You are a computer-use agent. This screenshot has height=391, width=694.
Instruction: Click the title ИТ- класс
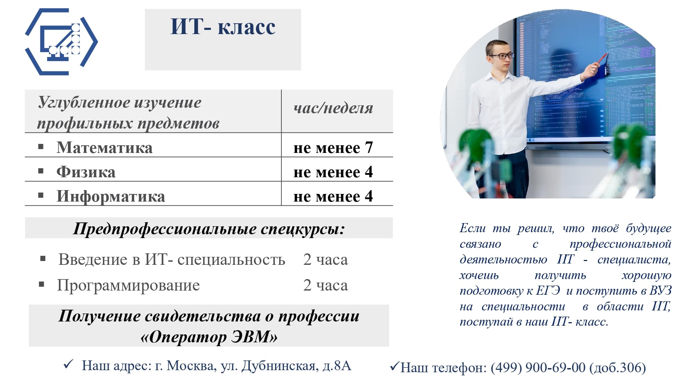(223, 26)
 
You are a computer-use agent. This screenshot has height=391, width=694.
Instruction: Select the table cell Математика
(104, 147)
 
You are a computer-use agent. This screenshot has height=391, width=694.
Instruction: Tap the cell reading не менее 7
(333, 148)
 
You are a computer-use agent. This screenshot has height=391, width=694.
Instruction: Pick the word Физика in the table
(86, 172)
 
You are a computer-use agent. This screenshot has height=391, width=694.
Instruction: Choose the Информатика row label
(111, 196)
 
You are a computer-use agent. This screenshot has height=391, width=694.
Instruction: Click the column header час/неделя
(333, 108)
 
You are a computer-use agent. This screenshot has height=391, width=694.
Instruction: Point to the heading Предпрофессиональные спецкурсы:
(209, 229)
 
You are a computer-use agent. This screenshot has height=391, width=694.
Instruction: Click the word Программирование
(128, 285)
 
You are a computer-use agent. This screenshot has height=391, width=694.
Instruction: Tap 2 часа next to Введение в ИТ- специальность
(325, 260)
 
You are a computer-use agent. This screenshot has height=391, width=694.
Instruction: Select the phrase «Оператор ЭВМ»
(209, 336)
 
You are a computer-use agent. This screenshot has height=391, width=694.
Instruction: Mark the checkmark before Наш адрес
(68, 364)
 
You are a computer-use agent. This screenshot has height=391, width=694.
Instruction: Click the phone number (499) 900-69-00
(538, 368)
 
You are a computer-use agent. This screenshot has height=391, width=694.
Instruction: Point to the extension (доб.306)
(617, 368)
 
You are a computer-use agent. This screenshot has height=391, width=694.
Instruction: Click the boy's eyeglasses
(500, 56)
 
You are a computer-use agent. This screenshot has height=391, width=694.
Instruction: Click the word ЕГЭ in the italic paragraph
(548, 291)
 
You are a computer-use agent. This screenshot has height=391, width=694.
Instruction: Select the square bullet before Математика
(41, 147)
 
